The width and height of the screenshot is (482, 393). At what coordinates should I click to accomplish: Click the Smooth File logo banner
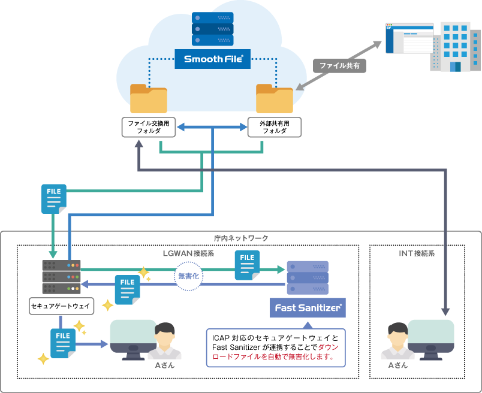pyautogui.click(x=213, y=59)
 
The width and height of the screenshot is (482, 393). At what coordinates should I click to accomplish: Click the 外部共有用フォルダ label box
pyautogui.click(x=275, y=126)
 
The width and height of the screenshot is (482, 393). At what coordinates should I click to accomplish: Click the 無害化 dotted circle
pyautogui.click(x=187, y=276)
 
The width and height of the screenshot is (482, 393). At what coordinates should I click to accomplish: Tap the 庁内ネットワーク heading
pyautogui.click(x=241, y=238)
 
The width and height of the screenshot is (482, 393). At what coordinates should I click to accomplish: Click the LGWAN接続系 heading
pyautogui.click(x=188, y=253)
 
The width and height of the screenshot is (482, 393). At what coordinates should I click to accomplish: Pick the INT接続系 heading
pyautogui.click(x=417, y=253)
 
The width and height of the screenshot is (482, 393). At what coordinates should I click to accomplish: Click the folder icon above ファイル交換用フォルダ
pyautogui.click(x=149, y=99)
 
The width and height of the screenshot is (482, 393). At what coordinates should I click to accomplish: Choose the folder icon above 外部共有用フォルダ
pyautogui.click(x=275, y=99)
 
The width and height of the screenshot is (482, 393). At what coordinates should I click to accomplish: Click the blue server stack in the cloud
pyautogui.click(x=212, y=29)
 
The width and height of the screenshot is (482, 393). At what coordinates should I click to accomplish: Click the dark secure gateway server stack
pyautogui.click(x=61, y=276)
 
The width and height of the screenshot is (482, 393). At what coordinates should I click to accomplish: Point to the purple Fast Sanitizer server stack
pyautogui.click(x=308, y=276)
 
